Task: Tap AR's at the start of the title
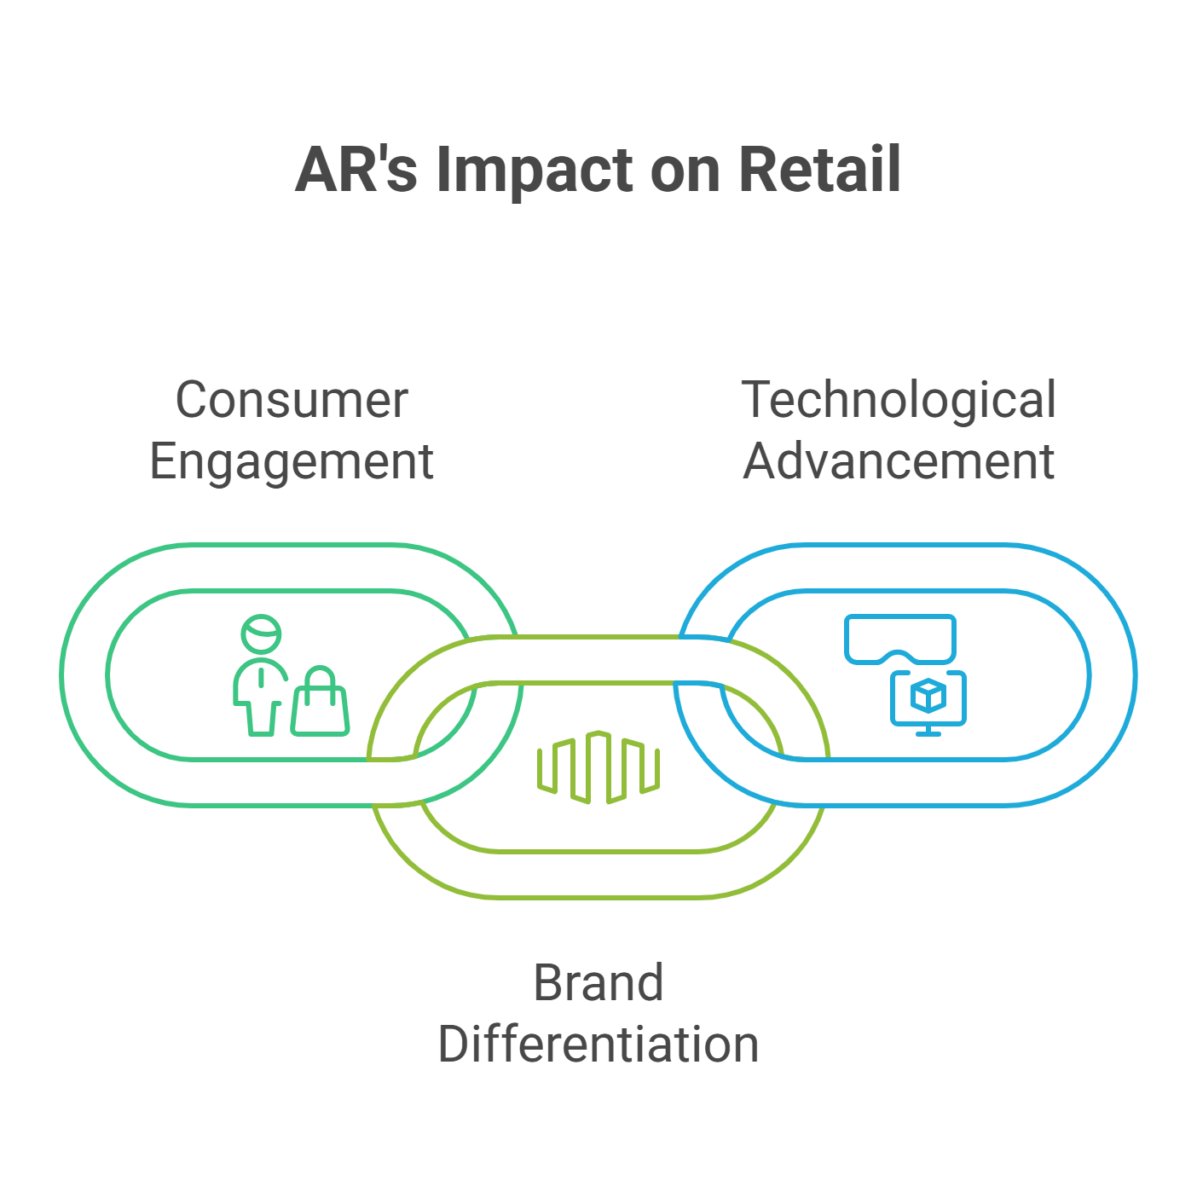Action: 356,170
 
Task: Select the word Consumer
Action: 292,400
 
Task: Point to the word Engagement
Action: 292,463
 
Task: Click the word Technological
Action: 899,401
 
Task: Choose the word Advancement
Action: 899,461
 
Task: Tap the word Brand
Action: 598,983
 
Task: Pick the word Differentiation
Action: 598,1045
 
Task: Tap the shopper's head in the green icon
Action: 261,634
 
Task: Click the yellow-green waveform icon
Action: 598,767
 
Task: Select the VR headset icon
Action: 899,638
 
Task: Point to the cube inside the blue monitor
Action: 928,697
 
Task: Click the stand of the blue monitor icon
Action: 928,731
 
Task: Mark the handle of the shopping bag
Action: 321,679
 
